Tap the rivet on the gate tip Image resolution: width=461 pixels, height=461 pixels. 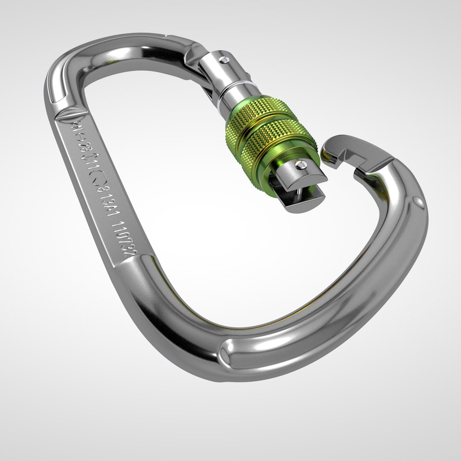click(301, 164)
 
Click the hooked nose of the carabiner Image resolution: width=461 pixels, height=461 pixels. click(337, 147)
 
